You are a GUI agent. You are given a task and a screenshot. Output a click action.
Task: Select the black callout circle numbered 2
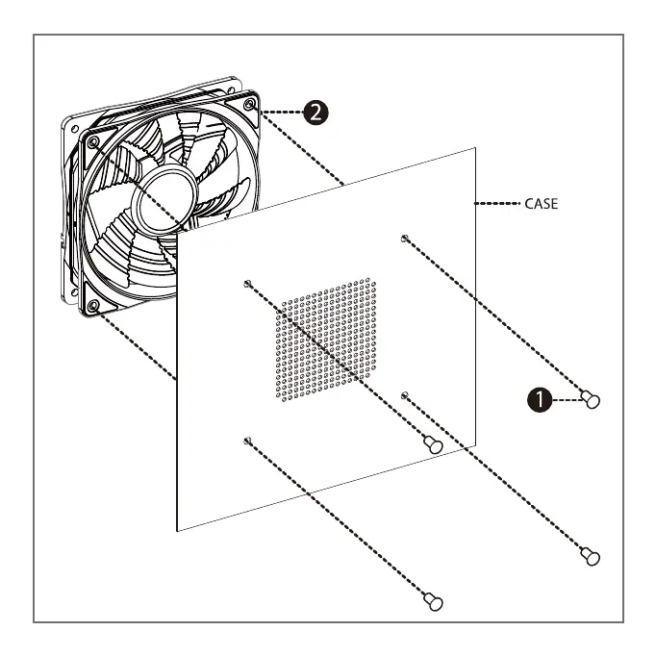314,113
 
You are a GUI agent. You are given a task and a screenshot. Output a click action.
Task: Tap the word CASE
541,204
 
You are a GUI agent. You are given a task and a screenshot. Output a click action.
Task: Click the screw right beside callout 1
592,397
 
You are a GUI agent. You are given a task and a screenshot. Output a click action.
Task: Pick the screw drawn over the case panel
434,444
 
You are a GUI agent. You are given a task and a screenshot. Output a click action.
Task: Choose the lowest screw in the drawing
434,601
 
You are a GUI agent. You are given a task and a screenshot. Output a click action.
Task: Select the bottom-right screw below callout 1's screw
590,555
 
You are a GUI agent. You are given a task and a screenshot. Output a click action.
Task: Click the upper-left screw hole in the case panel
248,283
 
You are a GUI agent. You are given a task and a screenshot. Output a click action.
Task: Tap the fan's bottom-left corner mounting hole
93,306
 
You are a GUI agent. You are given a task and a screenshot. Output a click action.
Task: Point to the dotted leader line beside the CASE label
498,204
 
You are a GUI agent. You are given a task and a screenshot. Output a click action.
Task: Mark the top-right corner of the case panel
476,147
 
